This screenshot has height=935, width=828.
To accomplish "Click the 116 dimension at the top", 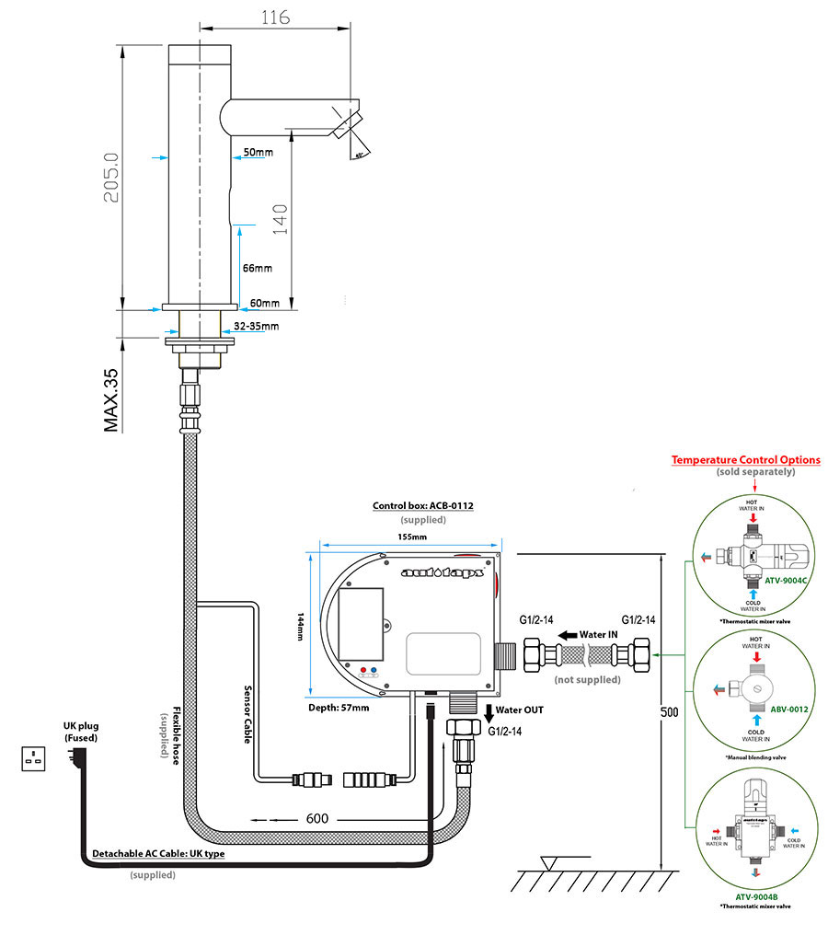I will (275, 17).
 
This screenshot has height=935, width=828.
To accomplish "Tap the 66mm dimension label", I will (257, 268).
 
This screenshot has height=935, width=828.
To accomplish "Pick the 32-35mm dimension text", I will (256, 326).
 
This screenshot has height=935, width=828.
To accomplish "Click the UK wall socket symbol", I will (35, 759).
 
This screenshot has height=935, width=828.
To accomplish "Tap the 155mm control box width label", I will (412, 537).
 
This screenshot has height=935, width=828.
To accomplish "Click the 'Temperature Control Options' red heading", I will (745, 459).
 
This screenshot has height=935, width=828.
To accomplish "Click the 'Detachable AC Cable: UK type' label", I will (157, 854).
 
